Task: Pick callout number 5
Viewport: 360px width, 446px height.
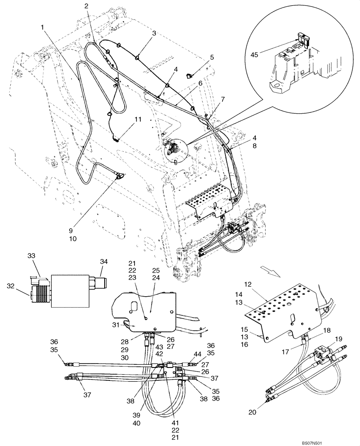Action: (x=212, y=57)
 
